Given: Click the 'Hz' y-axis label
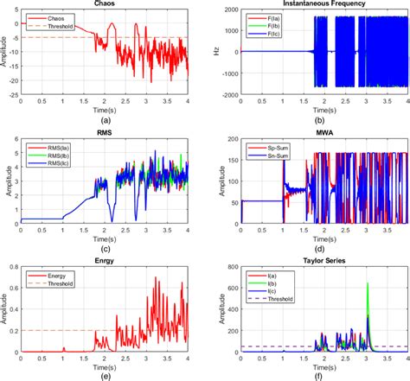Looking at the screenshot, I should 214,53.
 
